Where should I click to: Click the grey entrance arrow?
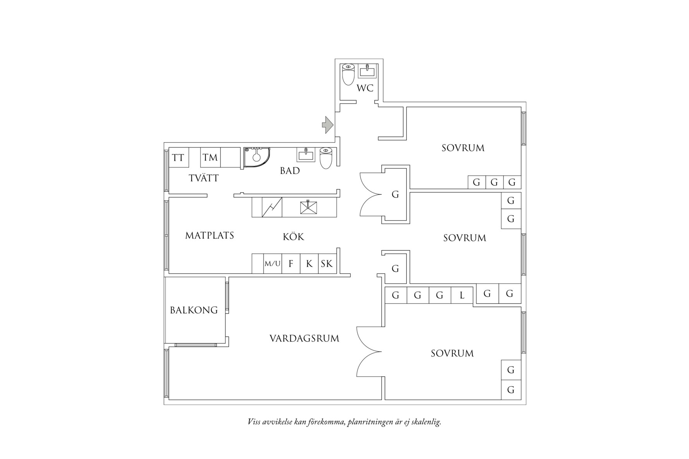[x=327, y=125]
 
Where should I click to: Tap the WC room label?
[x=365, y=88]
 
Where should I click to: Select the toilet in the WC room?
[x=348, y=74]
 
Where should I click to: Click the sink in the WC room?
[x=366, y=71]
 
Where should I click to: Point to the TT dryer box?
[x=179, y=158]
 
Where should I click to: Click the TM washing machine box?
[x=211, y=158]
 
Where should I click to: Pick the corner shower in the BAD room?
[x=257, y=157]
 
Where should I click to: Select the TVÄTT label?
[x=204, y=178]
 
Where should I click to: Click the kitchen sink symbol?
[x=309, y=207]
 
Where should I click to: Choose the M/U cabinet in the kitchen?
[x=273, y=264]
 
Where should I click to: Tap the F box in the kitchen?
[x=291, y=264]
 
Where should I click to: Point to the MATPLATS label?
[x=209, y=235]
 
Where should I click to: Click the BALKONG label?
[x=194, y=310]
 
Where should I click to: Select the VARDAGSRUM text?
[x=304, y=339]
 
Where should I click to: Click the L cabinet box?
[x=462, y=296]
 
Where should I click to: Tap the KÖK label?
[x=293, y=236]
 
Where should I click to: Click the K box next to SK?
[x=309, y=264]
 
